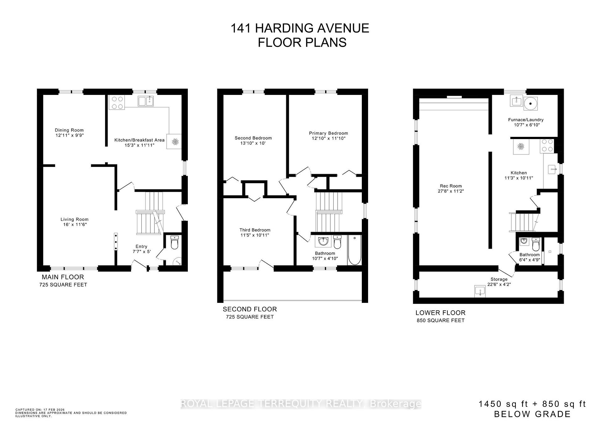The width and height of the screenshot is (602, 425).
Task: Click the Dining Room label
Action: pos(69,130)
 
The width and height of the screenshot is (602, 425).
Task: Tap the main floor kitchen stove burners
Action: pos(117,103)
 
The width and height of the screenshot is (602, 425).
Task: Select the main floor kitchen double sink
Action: pos(146,101)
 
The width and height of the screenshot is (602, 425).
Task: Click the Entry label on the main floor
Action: pos(141,246)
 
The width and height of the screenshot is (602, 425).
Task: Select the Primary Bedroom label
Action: pos(328,133)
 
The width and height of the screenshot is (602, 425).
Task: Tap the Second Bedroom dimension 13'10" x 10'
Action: pos(253,143)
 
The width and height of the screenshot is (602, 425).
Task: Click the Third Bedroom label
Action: pos(255,230)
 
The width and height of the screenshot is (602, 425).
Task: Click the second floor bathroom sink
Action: pos(323,241)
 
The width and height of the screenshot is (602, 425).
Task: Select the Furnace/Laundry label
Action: pos(526,120)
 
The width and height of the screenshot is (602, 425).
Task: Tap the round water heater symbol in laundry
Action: pos(531,103)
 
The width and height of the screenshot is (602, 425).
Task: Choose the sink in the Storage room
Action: pos(480,291)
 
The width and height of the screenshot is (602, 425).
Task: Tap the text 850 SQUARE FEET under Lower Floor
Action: pos(440,320)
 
